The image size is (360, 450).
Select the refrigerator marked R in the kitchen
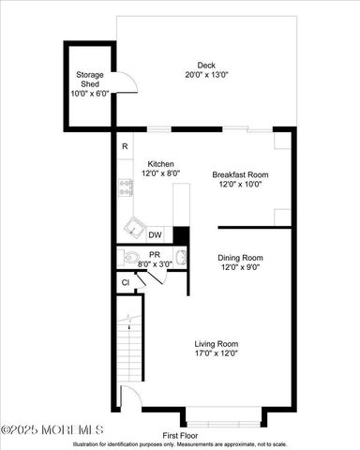pos(124,146)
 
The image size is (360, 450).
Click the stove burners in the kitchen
pos(124,187)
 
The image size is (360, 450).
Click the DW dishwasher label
pos(154,235)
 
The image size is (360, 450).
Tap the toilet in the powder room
pos(130,257)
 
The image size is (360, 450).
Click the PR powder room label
pos(155,253)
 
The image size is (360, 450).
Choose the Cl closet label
pos(125,282)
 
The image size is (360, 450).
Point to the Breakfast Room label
pos(240,174)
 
